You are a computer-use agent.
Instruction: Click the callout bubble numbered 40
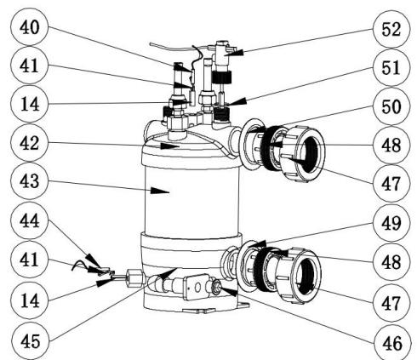click(x=26, y=27)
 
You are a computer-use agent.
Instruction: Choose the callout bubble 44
click(x=26, y=224)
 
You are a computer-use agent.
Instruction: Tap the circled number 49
click(x=390, y=224)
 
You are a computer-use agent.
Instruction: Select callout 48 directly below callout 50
click(x=390, y=146)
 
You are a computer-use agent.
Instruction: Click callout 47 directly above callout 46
click(x=390, y=300)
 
